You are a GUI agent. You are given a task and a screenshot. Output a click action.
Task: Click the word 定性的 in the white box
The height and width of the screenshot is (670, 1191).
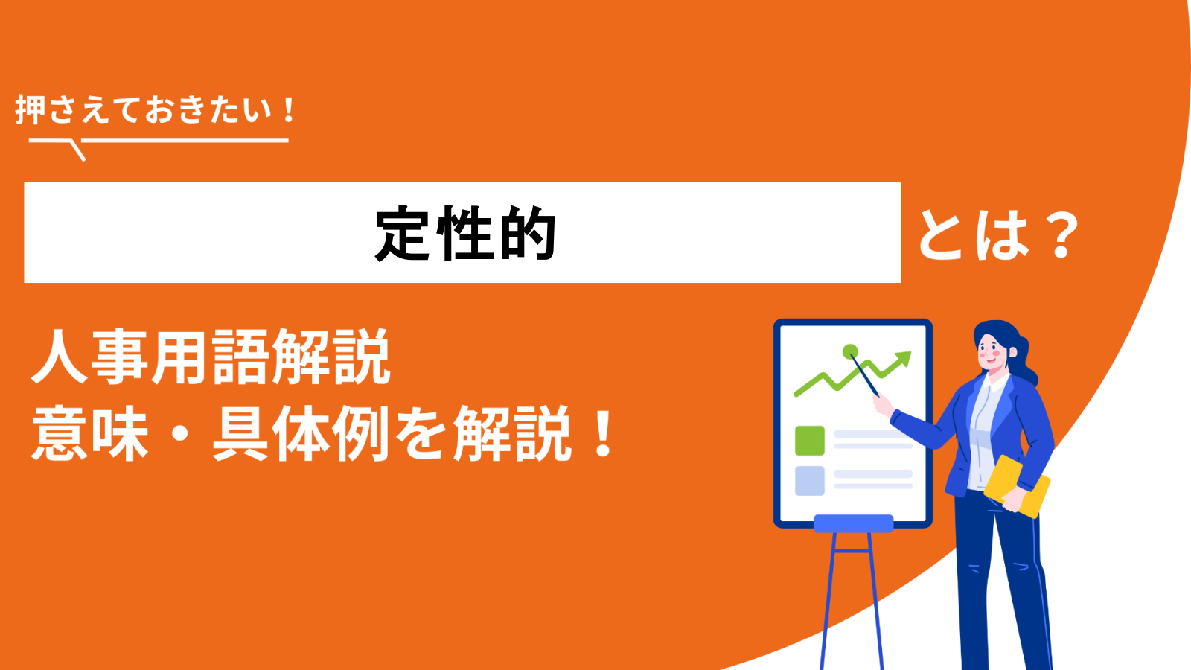tap(465, 234)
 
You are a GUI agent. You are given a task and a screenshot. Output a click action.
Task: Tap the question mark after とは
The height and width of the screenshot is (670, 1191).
tap(1060, 234)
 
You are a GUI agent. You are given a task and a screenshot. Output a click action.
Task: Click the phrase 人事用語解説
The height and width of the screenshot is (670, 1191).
tap(211, 357)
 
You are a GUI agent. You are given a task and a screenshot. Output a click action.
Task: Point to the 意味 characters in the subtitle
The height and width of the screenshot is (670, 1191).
tap(89, 433)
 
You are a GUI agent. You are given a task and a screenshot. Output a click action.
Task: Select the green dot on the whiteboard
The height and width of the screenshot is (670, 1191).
tap(850, 351)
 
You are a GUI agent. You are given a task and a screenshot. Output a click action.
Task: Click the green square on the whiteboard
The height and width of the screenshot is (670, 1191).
tap(809, 440)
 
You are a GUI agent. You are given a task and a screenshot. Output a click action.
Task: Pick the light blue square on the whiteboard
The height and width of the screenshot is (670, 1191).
tap(809, 481)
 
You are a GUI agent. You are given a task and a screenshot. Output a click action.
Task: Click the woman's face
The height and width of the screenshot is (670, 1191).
tap(992, 351)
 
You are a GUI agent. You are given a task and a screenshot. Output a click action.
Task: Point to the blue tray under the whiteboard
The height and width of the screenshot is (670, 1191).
tap(853, 523)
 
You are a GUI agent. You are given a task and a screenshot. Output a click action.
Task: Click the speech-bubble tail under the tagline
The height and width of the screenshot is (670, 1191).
tap(77, 150)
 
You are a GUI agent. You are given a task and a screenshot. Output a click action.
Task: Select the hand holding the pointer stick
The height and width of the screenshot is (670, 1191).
tap(883, 405)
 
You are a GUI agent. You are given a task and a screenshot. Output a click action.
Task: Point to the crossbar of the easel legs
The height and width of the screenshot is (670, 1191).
tap(852, 551)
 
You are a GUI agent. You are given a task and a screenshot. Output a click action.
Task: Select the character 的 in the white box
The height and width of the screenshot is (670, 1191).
tap(528, 234)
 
